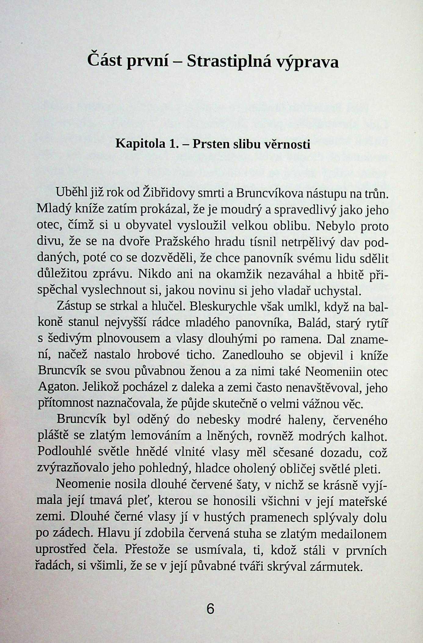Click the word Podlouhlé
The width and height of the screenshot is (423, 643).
pyautogui.click(x=64, y=453)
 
